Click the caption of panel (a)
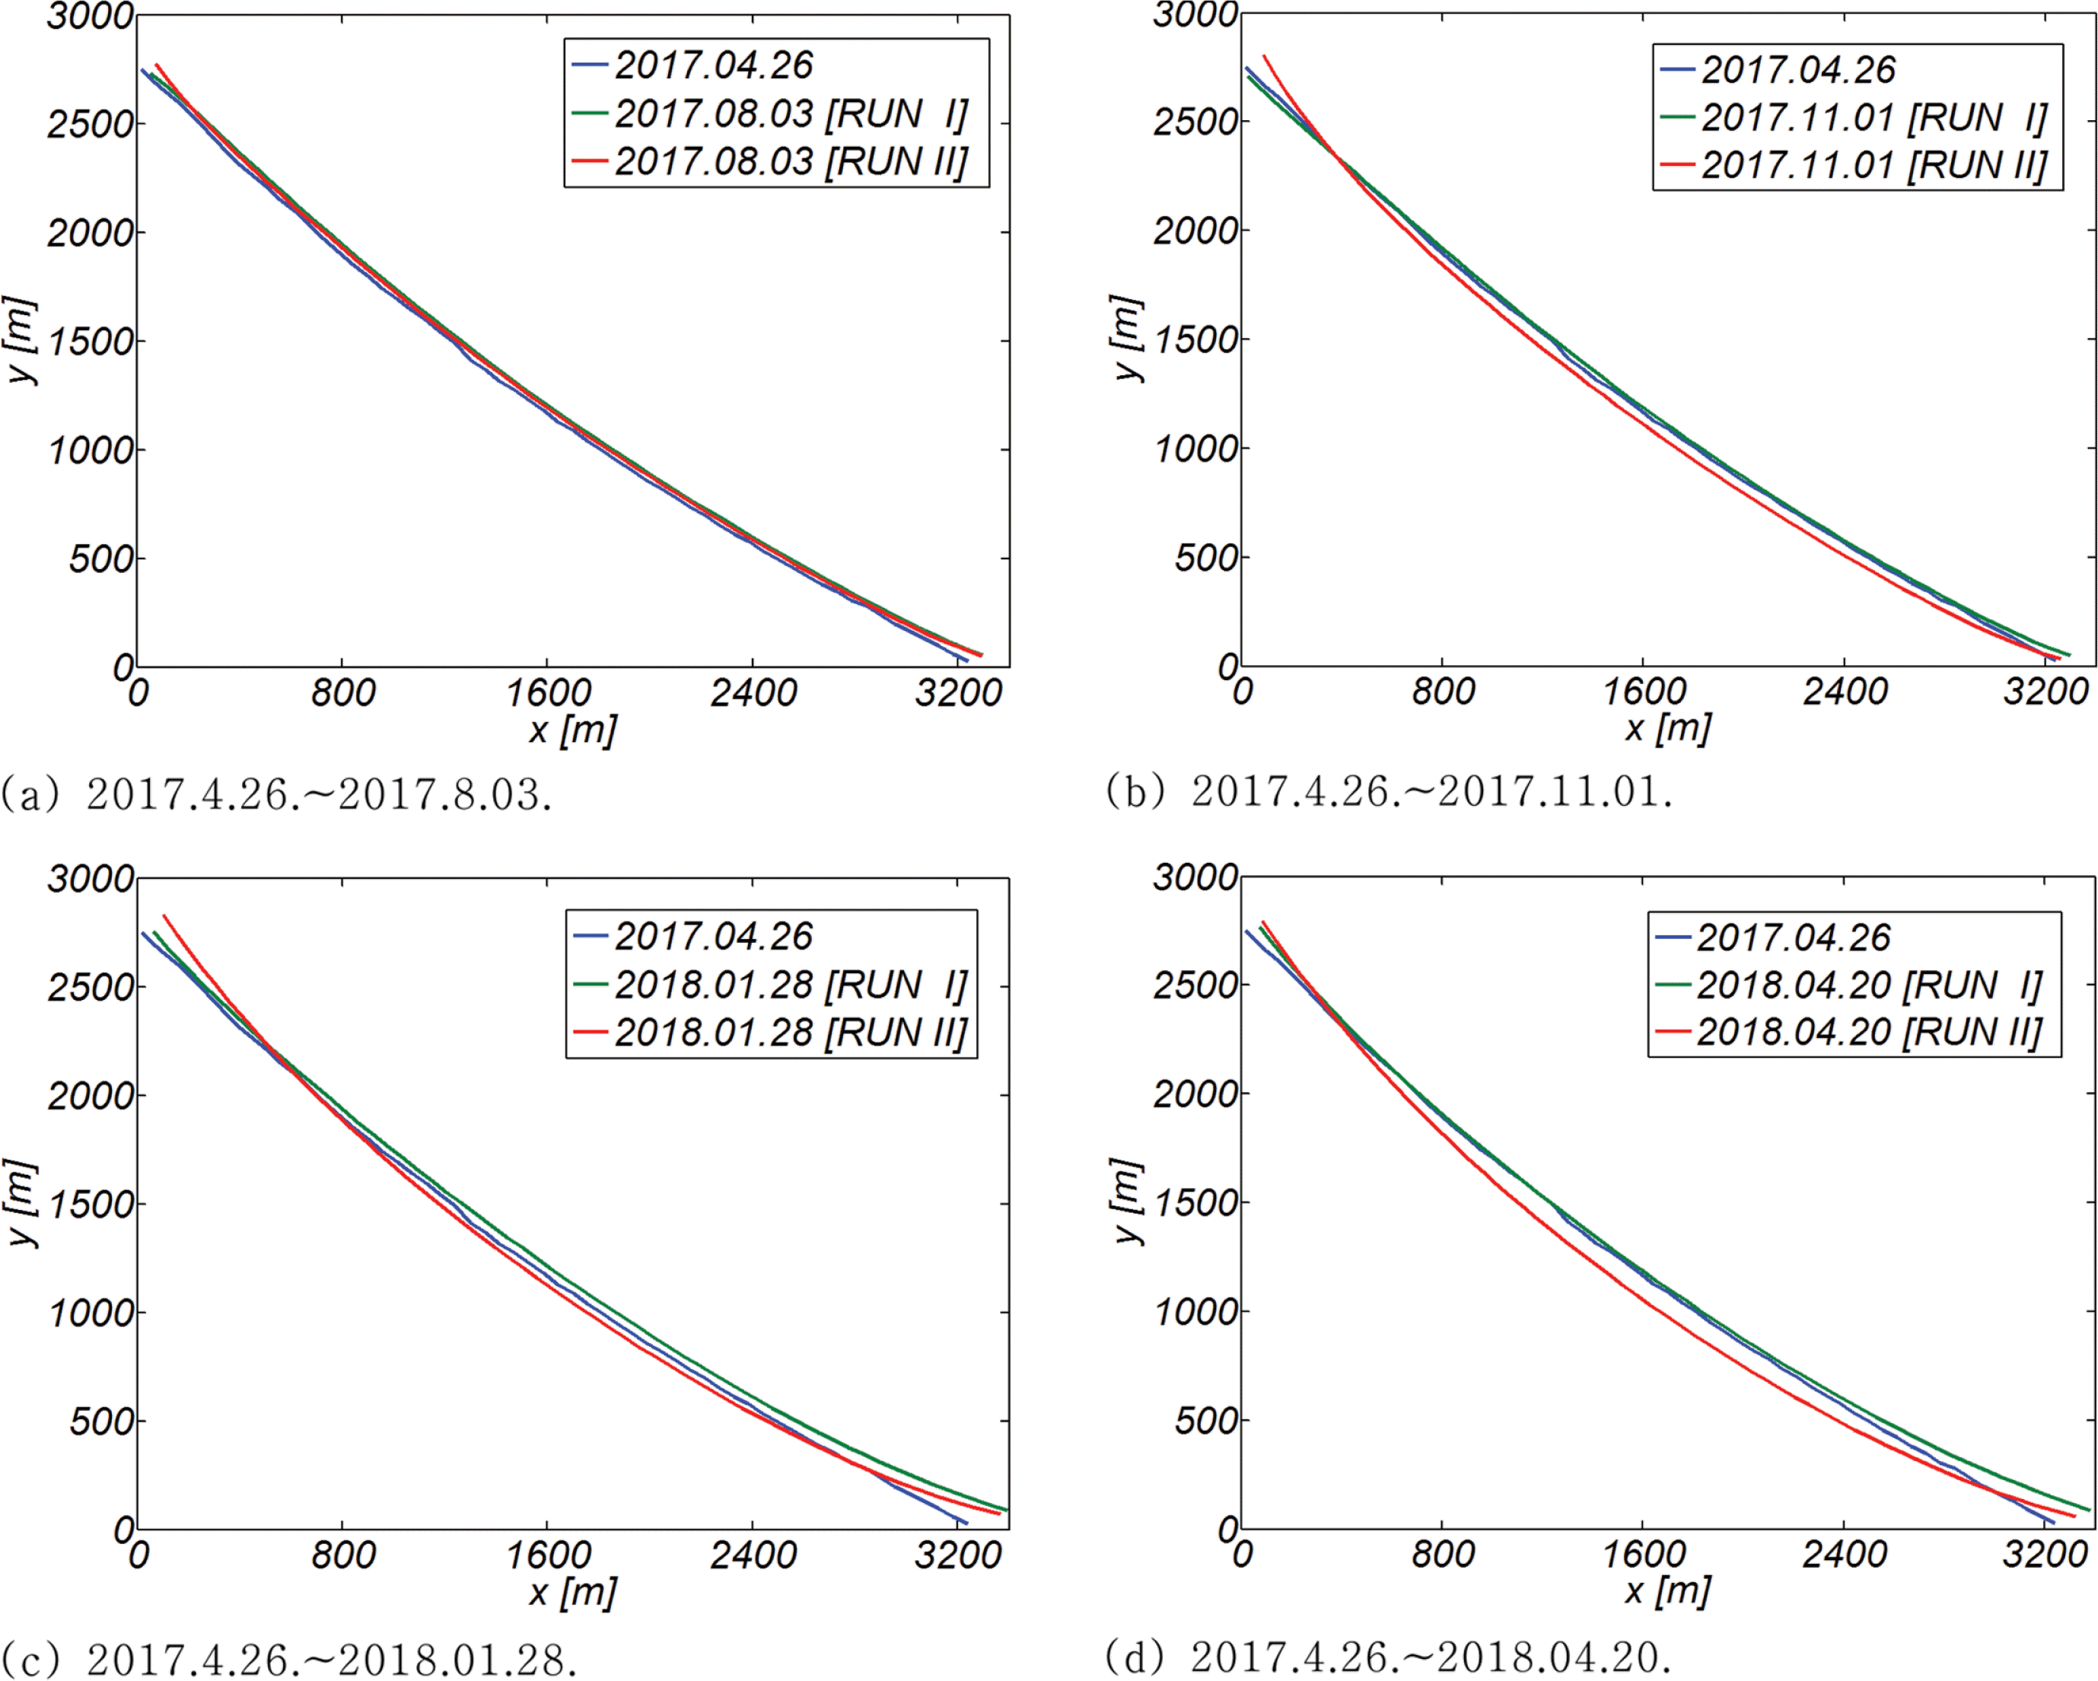276,794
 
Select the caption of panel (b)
1389,791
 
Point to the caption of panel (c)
289,1660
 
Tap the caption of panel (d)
1389,1657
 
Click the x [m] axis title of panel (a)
572,730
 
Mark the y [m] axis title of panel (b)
1127,338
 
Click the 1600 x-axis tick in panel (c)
548,1555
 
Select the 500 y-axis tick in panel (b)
1205,559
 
